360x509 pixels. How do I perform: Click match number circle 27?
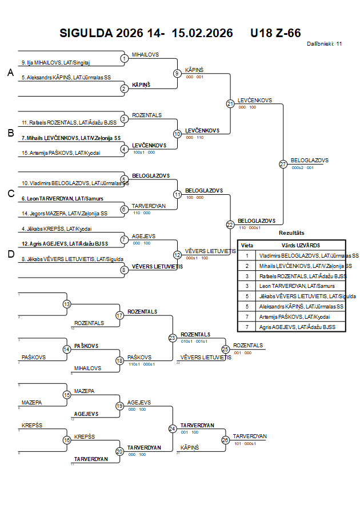[283, 164]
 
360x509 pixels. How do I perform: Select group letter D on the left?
[10, 254]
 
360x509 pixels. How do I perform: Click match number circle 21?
[230, 103]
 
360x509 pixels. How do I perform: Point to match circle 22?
[230, 225]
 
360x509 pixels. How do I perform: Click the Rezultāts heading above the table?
[291, 233]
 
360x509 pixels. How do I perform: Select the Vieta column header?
[247, 245]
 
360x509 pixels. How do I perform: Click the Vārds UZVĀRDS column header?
[300, 245]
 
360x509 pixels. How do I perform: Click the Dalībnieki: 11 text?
[324, 43]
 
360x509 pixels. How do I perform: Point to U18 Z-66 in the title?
[275, 33]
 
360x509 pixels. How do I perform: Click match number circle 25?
[226, 348]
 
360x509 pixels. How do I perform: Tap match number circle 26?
[226, 439]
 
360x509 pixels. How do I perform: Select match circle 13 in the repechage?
[67, 304]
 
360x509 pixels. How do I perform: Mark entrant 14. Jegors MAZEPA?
[64, 213]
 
